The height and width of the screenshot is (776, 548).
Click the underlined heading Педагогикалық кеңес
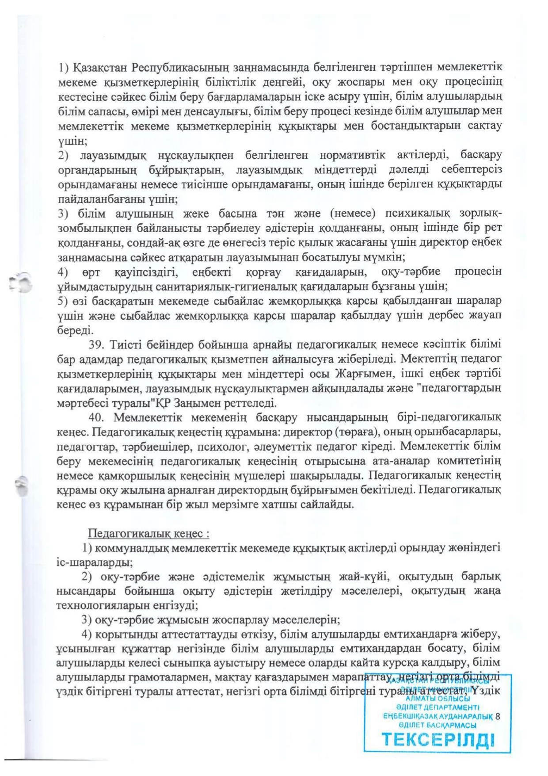(x=148, y=533)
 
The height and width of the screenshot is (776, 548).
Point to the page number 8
(x=498, y=716)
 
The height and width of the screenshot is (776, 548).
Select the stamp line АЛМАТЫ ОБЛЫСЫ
(x=438, y=699)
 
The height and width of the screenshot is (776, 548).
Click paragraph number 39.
(x=95, y=344)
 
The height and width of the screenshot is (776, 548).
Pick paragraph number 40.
(x=96, y=417)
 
